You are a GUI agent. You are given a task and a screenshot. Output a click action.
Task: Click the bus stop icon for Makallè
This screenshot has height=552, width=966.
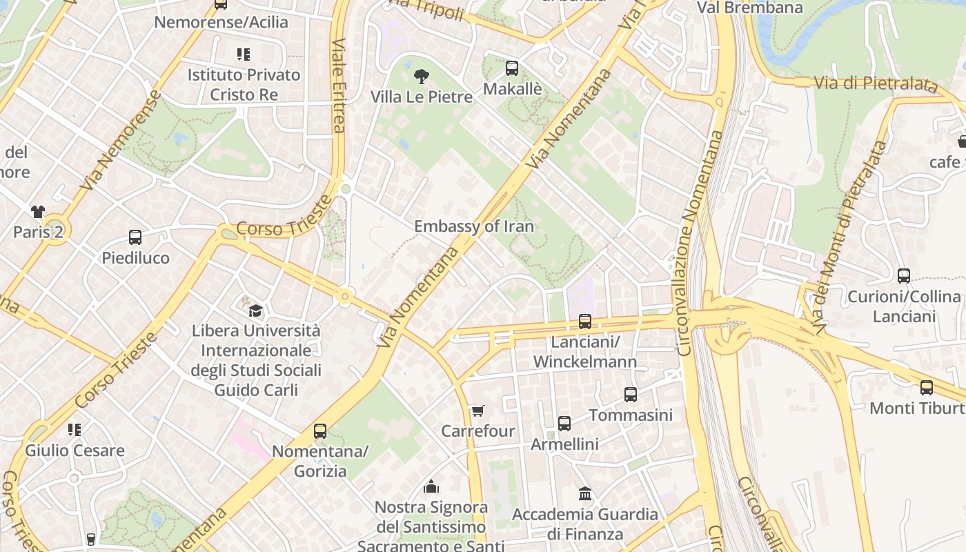[511, 68]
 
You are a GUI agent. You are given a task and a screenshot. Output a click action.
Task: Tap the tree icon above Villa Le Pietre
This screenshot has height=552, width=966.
[421, 76]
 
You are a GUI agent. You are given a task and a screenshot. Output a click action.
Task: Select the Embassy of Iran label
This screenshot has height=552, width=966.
[474, 226]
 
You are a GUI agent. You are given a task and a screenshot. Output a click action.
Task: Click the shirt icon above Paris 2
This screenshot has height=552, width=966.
[37, 211]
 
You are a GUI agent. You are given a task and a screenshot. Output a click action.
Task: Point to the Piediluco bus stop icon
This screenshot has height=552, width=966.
[135, 237]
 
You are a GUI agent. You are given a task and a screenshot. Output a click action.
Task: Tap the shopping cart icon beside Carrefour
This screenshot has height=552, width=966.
[477, 411]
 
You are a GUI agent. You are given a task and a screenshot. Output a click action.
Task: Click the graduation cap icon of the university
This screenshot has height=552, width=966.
[256, 310]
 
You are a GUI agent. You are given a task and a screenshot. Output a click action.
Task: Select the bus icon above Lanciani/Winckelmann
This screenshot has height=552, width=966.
[585, 322]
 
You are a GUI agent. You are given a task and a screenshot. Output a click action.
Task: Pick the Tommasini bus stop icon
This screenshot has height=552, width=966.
[631, 395]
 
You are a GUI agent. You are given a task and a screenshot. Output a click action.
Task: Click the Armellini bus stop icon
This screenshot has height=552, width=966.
[564, 424]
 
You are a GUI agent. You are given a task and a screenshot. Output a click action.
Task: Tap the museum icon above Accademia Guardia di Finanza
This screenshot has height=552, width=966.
[585, 493]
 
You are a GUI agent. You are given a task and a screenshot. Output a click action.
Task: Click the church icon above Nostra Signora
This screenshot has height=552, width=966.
[431, 486]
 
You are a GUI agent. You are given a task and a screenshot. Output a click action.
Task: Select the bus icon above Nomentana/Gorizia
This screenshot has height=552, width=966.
[320, 431]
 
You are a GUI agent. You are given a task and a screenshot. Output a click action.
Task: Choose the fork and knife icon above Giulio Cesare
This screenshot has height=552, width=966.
[75, 430]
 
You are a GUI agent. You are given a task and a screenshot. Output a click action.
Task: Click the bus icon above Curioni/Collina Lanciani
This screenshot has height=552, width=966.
[904, 276]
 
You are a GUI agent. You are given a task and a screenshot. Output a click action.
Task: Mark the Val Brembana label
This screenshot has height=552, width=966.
[750, 8]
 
